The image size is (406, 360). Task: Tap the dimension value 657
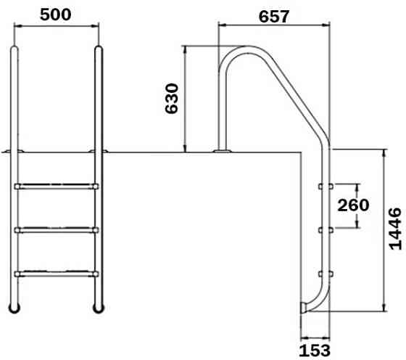click(x=273, y=15)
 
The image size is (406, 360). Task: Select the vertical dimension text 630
click(x=172, y=98)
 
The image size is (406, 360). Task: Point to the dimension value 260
click(x=354, y=205)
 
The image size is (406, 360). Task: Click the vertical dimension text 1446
click(x=394, y=228)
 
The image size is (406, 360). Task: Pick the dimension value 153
click(x=314, y=349)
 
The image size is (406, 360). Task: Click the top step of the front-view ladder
click(x=56, y=187)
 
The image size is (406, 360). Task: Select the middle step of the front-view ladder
click(x=56, y=230)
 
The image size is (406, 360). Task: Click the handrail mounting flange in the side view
click(x=222, y=151)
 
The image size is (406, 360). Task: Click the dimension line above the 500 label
click(x=56, y=28)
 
